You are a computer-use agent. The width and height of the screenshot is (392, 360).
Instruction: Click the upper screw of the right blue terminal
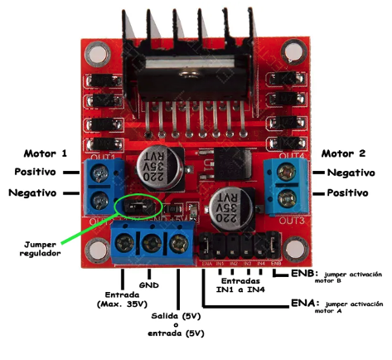coord(289,173)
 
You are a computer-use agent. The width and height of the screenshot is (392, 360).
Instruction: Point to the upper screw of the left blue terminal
coord(99,173)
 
